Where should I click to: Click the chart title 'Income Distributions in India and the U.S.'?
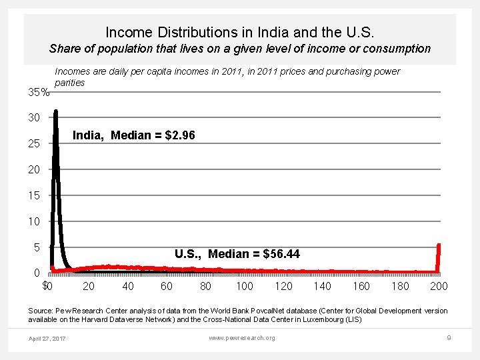coord(239,31)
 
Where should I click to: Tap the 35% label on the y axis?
coord(38,93)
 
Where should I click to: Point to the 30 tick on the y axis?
coord(34,118)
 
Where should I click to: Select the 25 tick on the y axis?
coord(34,144)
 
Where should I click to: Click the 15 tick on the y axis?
coord(34,196)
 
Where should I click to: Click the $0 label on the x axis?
coord(47,287)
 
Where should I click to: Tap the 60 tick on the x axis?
coord(167,287)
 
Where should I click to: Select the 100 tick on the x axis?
coord(245,287)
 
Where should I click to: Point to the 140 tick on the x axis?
coord(322,287)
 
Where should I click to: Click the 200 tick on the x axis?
coord(439,287)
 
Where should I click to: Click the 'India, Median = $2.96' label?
coord(133,136)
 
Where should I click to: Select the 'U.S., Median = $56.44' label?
coord(237,254)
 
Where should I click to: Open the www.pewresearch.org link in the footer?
coord(241,338)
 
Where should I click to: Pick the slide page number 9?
coord(449,338)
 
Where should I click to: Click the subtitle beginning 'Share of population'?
coord(240,49)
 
